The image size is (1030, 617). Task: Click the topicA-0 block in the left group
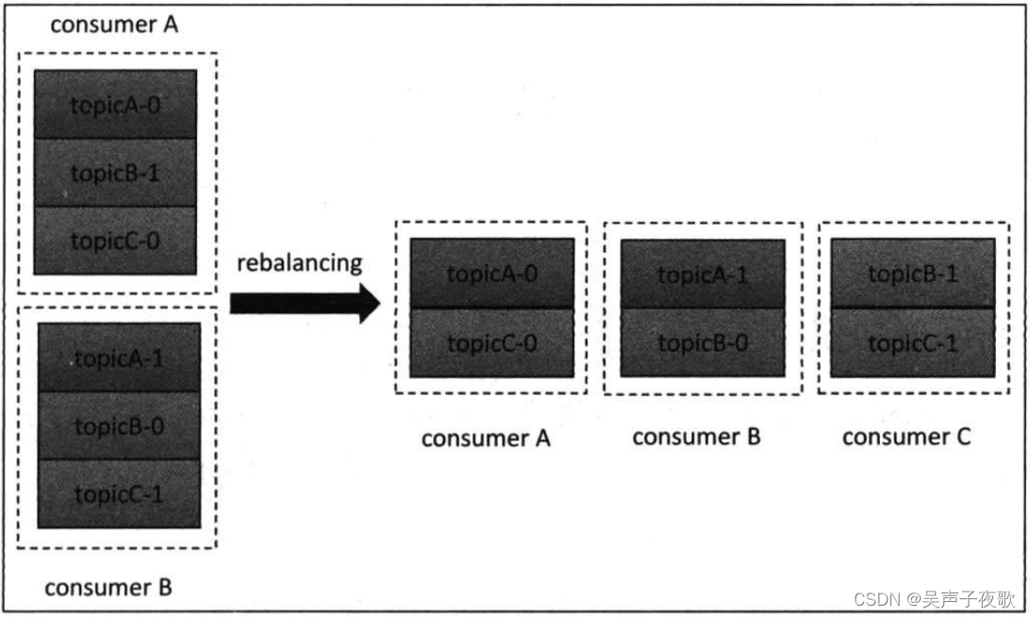pyautogui.click(x=115, y=105)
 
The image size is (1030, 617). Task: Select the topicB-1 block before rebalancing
pyautogui.click(x=115, y=173)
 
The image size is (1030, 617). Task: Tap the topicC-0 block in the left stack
pyautogui.click(x=115, y=241)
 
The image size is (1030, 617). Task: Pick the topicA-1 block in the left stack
pyautogui.click(x=119, y=359)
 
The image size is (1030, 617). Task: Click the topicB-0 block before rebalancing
pyautogui.click(x=119, y=426)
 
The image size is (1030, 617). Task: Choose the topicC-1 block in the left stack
pyautogui.click(x=119, y=493)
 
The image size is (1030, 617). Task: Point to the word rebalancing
pyautogui.click(x=299, y=262)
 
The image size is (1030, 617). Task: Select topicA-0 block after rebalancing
pyautogui.click(x=491, y=275)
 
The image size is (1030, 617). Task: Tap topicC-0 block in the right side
pyautogui.click(x=491, y=343)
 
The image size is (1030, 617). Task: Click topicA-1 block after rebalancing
pyautogui.click(x=703, y=275)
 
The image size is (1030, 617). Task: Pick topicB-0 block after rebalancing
pyautogui.click(x=703, y=343)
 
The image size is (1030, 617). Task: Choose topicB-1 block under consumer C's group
pyautogui.click(x=912, y=275)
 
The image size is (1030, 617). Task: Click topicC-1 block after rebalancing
pyautogui.click(x=912, y=343)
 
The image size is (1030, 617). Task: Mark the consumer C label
pyautogui.click(x=905, y=437)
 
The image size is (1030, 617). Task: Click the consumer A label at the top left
pyautogui.click(x=113, y=25)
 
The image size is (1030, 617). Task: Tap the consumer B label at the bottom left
pyautogui.click(x=108, y=588)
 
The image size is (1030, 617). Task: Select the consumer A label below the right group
pyautogui.click(x=486, y=439)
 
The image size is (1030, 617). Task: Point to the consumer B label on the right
pyautogui.click(x=696, y=437)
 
